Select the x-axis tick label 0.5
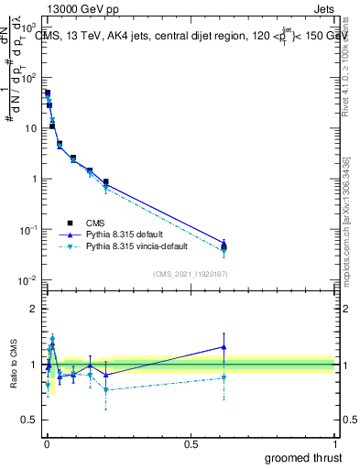click(x=190, y=444)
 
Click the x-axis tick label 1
click(x=335, y=444)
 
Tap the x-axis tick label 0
click(x=46, y=444)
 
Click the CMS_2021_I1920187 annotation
click(x=190, y=274)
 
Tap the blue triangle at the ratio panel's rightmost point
click(x=224, y=346)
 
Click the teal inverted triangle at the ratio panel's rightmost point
click(x=224, y=377)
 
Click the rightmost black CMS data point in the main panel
click(x=224, y=245)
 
